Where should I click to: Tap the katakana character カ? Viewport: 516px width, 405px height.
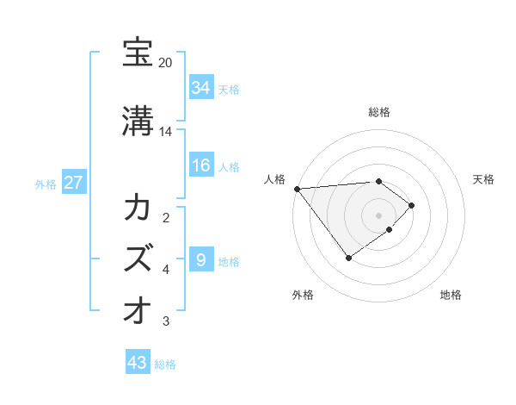[x=138, y=209]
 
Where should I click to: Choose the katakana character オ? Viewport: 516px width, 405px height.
[x=138, y=308]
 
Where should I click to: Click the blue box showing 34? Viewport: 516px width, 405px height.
[x=201, y=88]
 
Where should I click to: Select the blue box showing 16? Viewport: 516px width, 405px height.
[x=201, y=165]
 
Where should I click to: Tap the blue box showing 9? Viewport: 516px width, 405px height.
[x=200, y=259]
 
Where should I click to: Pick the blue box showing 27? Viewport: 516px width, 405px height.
[x=73, y=184]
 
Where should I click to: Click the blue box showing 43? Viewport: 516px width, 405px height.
[x=138, y=363]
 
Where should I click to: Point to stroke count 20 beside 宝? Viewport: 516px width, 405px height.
[x=165, y=63]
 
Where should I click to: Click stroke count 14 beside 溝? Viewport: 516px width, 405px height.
[x=165, y=131]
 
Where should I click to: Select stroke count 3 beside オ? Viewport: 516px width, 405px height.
[x=166, y=321]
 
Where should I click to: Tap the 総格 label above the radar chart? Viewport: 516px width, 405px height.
[x=379, y=112]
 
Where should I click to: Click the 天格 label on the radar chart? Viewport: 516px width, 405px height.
[x=484, y=179]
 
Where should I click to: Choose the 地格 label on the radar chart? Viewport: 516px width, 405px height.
[x=451, y=295]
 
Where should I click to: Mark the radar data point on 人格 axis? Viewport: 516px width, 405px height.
[x=296, y=189]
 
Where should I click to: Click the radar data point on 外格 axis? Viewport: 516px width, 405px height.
[x=348, y=258]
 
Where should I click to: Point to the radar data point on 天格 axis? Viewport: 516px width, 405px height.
[x=413, y=205]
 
